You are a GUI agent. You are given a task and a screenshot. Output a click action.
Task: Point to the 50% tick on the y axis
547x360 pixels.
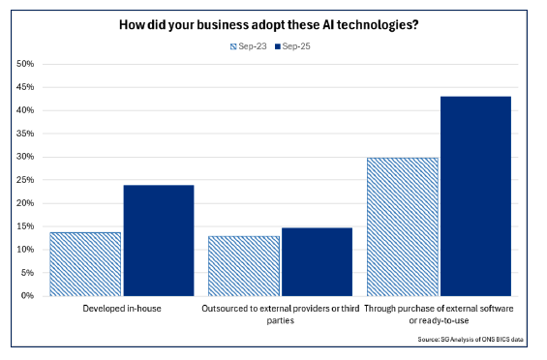26,64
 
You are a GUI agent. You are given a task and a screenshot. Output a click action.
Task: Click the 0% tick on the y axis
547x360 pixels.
28,295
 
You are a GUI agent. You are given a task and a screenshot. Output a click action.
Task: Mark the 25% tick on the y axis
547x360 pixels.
26,180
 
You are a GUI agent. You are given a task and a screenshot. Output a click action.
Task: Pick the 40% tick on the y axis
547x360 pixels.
26,110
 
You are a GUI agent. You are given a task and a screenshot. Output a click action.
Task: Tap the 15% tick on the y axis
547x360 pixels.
26,226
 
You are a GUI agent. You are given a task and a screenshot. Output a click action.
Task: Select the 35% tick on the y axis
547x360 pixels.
26,134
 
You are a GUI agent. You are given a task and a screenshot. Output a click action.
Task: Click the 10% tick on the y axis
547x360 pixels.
26,250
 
